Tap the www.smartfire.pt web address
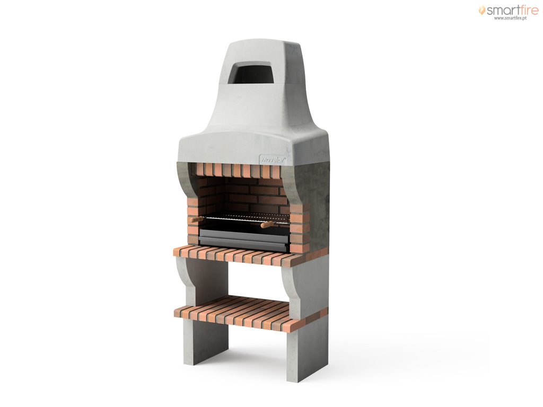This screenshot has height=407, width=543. pos(510,18)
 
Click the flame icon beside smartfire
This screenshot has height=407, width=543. pos(481,10)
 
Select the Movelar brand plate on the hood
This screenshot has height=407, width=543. pos(273,160)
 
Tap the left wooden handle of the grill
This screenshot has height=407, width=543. pos(196,219)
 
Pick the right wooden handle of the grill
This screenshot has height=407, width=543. pos(267,225)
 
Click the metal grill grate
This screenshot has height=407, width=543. pos(247,218)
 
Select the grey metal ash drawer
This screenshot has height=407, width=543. pos(244,240)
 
